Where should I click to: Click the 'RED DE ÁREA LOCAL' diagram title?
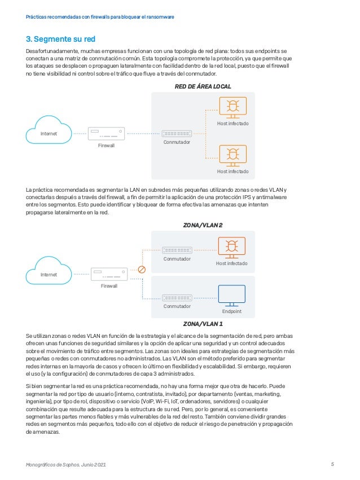point(204,86)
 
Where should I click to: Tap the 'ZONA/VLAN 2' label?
point(203,224)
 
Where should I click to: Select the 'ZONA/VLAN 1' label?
point(203,324)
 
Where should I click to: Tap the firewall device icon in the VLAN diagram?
point(106,275)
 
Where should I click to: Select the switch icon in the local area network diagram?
point(176,134)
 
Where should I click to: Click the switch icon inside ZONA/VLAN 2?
point(177,250)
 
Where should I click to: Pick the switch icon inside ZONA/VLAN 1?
point(177,297)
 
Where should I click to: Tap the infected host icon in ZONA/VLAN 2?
point(231,248)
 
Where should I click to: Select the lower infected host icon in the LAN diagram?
point(232,155)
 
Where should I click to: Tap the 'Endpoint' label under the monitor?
point(231,311)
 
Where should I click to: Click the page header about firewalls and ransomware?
point(100,17)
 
